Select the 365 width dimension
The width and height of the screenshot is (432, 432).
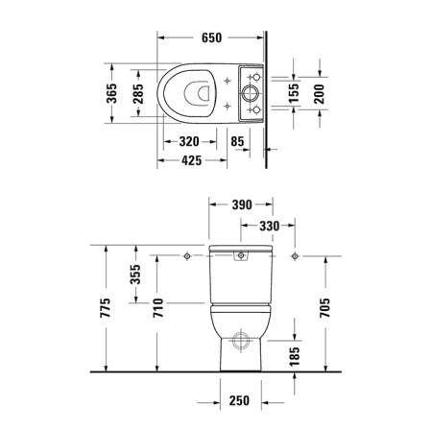(112, 94)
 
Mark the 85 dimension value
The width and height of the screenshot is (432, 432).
(238, 141)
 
